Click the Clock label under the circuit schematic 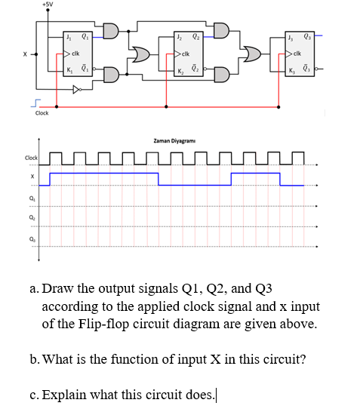42,113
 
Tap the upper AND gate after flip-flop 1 109,32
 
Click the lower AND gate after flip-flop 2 221,74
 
